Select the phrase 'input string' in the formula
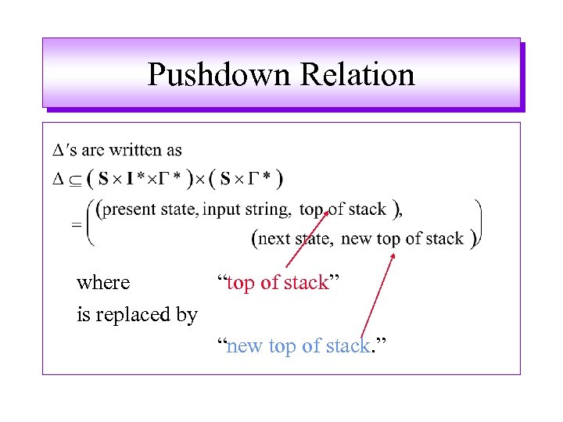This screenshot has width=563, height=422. [247, 209]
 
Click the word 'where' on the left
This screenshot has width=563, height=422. [103, 282]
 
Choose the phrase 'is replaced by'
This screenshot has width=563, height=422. [137, 315]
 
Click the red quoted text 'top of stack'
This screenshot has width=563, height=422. [278, 282]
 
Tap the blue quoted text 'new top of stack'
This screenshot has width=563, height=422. [298, 345]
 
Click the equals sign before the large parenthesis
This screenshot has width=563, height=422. [77, 224]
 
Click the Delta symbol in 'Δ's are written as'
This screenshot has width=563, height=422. [57, 149]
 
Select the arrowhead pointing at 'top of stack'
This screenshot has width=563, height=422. [326, 212]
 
